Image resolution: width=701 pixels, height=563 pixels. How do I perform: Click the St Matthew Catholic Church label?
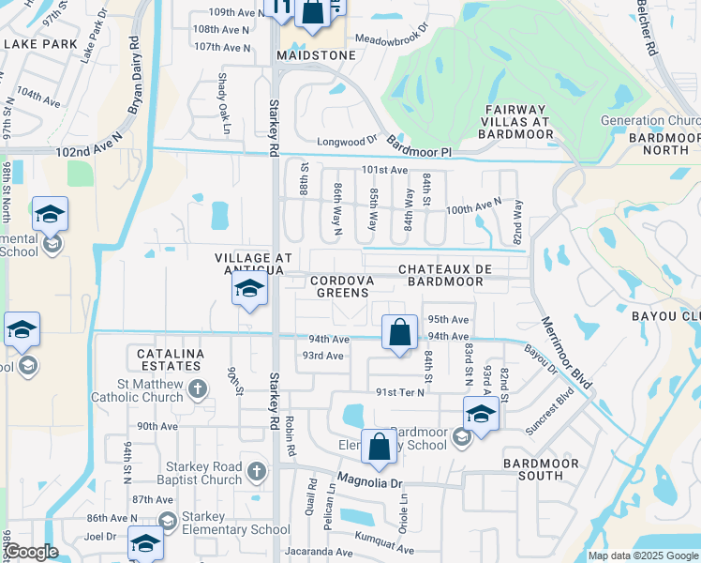pyautogui.click(x=137, y=389)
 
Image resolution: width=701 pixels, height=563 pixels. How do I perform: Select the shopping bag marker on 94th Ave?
pyautogui.click(x=399, y=333)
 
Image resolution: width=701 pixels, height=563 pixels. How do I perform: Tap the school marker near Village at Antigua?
pyautogui.click(x=249, y=291)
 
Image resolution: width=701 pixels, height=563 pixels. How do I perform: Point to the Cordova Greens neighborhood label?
pyautogui.click(x=342, y=286)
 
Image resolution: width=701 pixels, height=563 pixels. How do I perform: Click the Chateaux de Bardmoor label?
pyautogui.click(x=445, y=275)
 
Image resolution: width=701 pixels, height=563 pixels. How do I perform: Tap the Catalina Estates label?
pyautogui.click(x=169, y=359)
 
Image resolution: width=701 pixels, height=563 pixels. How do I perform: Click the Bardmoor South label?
pyautogui.click(x=533, y=469)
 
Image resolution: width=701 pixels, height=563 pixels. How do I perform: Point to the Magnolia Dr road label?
pyautogui.click(x=369, y=483)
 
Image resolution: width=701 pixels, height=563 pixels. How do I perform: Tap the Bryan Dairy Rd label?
pyautogui.click(x=133, y=76)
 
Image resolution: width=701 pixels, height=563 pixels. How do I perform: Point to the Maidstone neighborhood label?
pyautogui.click(x=316, y=55)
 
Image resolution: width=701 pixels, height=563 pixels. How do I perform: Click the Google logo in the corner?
pyautogui.click(x=32, y=552)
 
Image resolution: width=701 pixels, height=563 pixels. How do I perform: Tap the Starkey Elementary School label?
pyautogui.click(x=225, y=530)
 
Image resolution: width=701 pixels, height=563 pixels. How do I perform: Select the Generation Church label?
pyautogui.click(x=650, y=121)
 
